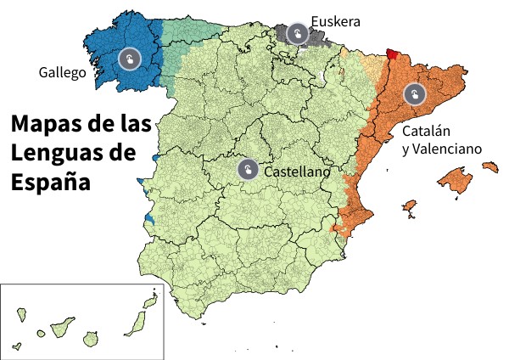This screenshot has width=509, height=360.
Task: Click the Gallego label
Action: click(63, 73)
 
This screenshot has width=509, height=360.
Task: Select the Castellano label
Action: click(297, 172)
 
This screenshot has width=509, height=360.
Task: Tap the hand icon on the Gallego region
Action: click(129, 59)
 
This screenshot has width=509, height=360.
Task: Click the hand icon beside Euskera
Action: click(297, 33)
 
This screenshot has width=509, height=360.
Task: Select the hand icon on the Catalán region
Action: click(413, 93)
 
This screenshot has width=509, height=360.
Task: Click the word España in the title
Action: click(51, 183)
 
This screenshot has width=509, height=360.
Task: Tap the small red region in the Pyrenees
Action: click(391, 53)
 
